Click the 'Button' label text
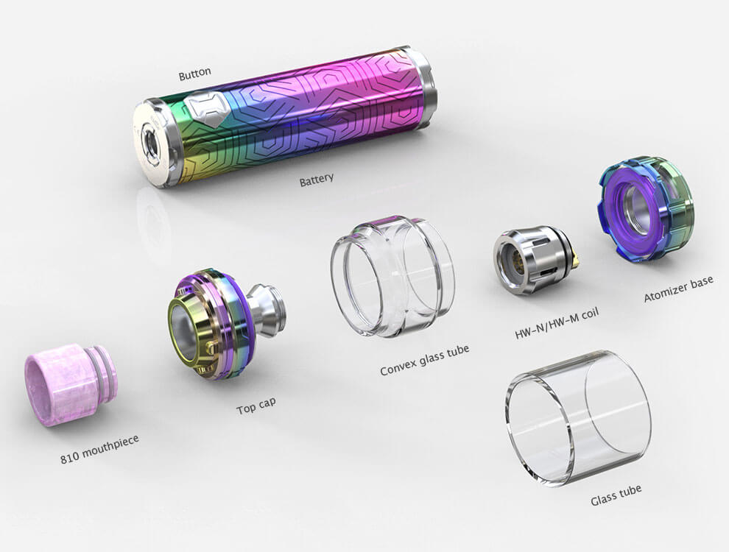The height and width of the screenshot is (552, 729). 195,74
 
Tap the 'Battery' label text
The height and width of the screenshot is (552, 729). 317,180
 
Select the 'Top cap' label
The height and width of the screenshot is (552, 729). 256,406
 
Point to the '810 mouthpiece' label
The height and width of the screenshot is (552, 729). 99,449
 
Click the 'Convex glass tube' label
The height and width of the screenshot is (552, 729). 424,360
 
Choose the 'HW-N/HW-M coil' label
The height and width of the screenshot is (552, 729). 557,323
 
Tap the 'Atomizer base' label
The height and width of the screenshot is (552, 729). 678,289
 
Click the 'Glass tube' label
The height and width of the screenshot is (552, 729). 616,495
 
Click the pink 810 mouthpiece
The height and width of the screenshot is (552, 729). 71,384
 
